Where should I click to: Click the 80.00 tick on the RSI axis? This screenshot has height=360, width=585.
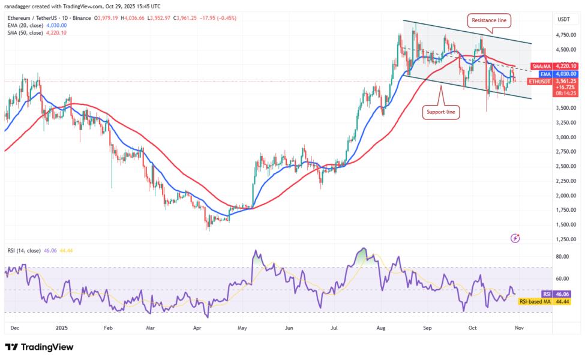tap(562, 256)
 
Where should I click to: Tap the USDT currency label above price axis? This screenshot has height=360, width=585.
tap(563, 19)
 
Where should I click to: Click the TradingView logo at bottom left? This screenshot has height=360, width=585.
tap(40, 347)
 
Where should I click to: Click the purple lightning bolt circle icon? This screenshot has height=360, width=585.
tap(515, 238)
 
